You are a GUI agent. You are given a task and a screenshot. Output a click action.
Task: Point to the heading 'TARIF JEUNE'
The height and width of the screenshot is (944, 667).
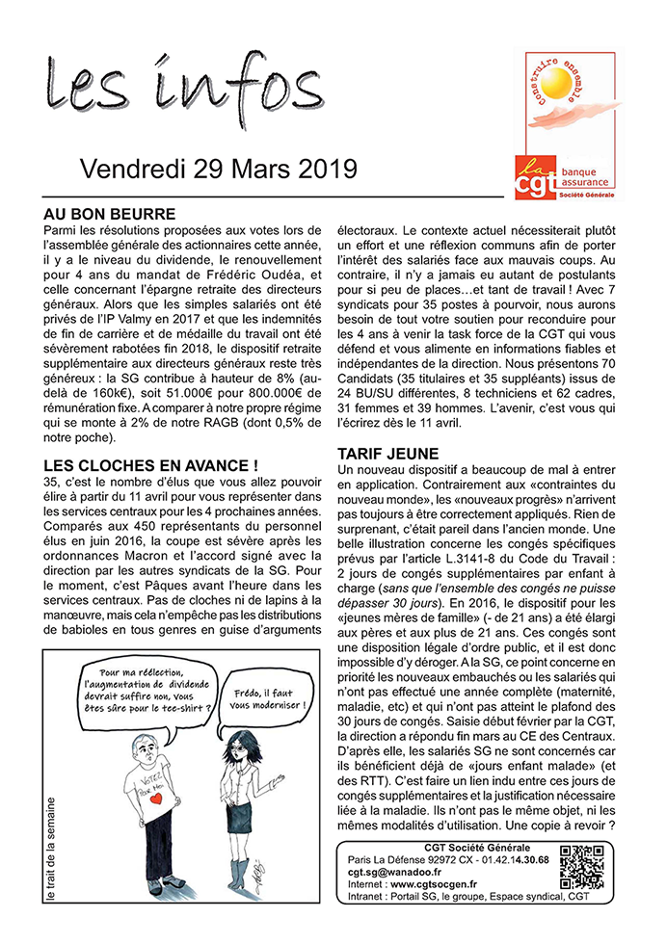coord(387,453)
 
